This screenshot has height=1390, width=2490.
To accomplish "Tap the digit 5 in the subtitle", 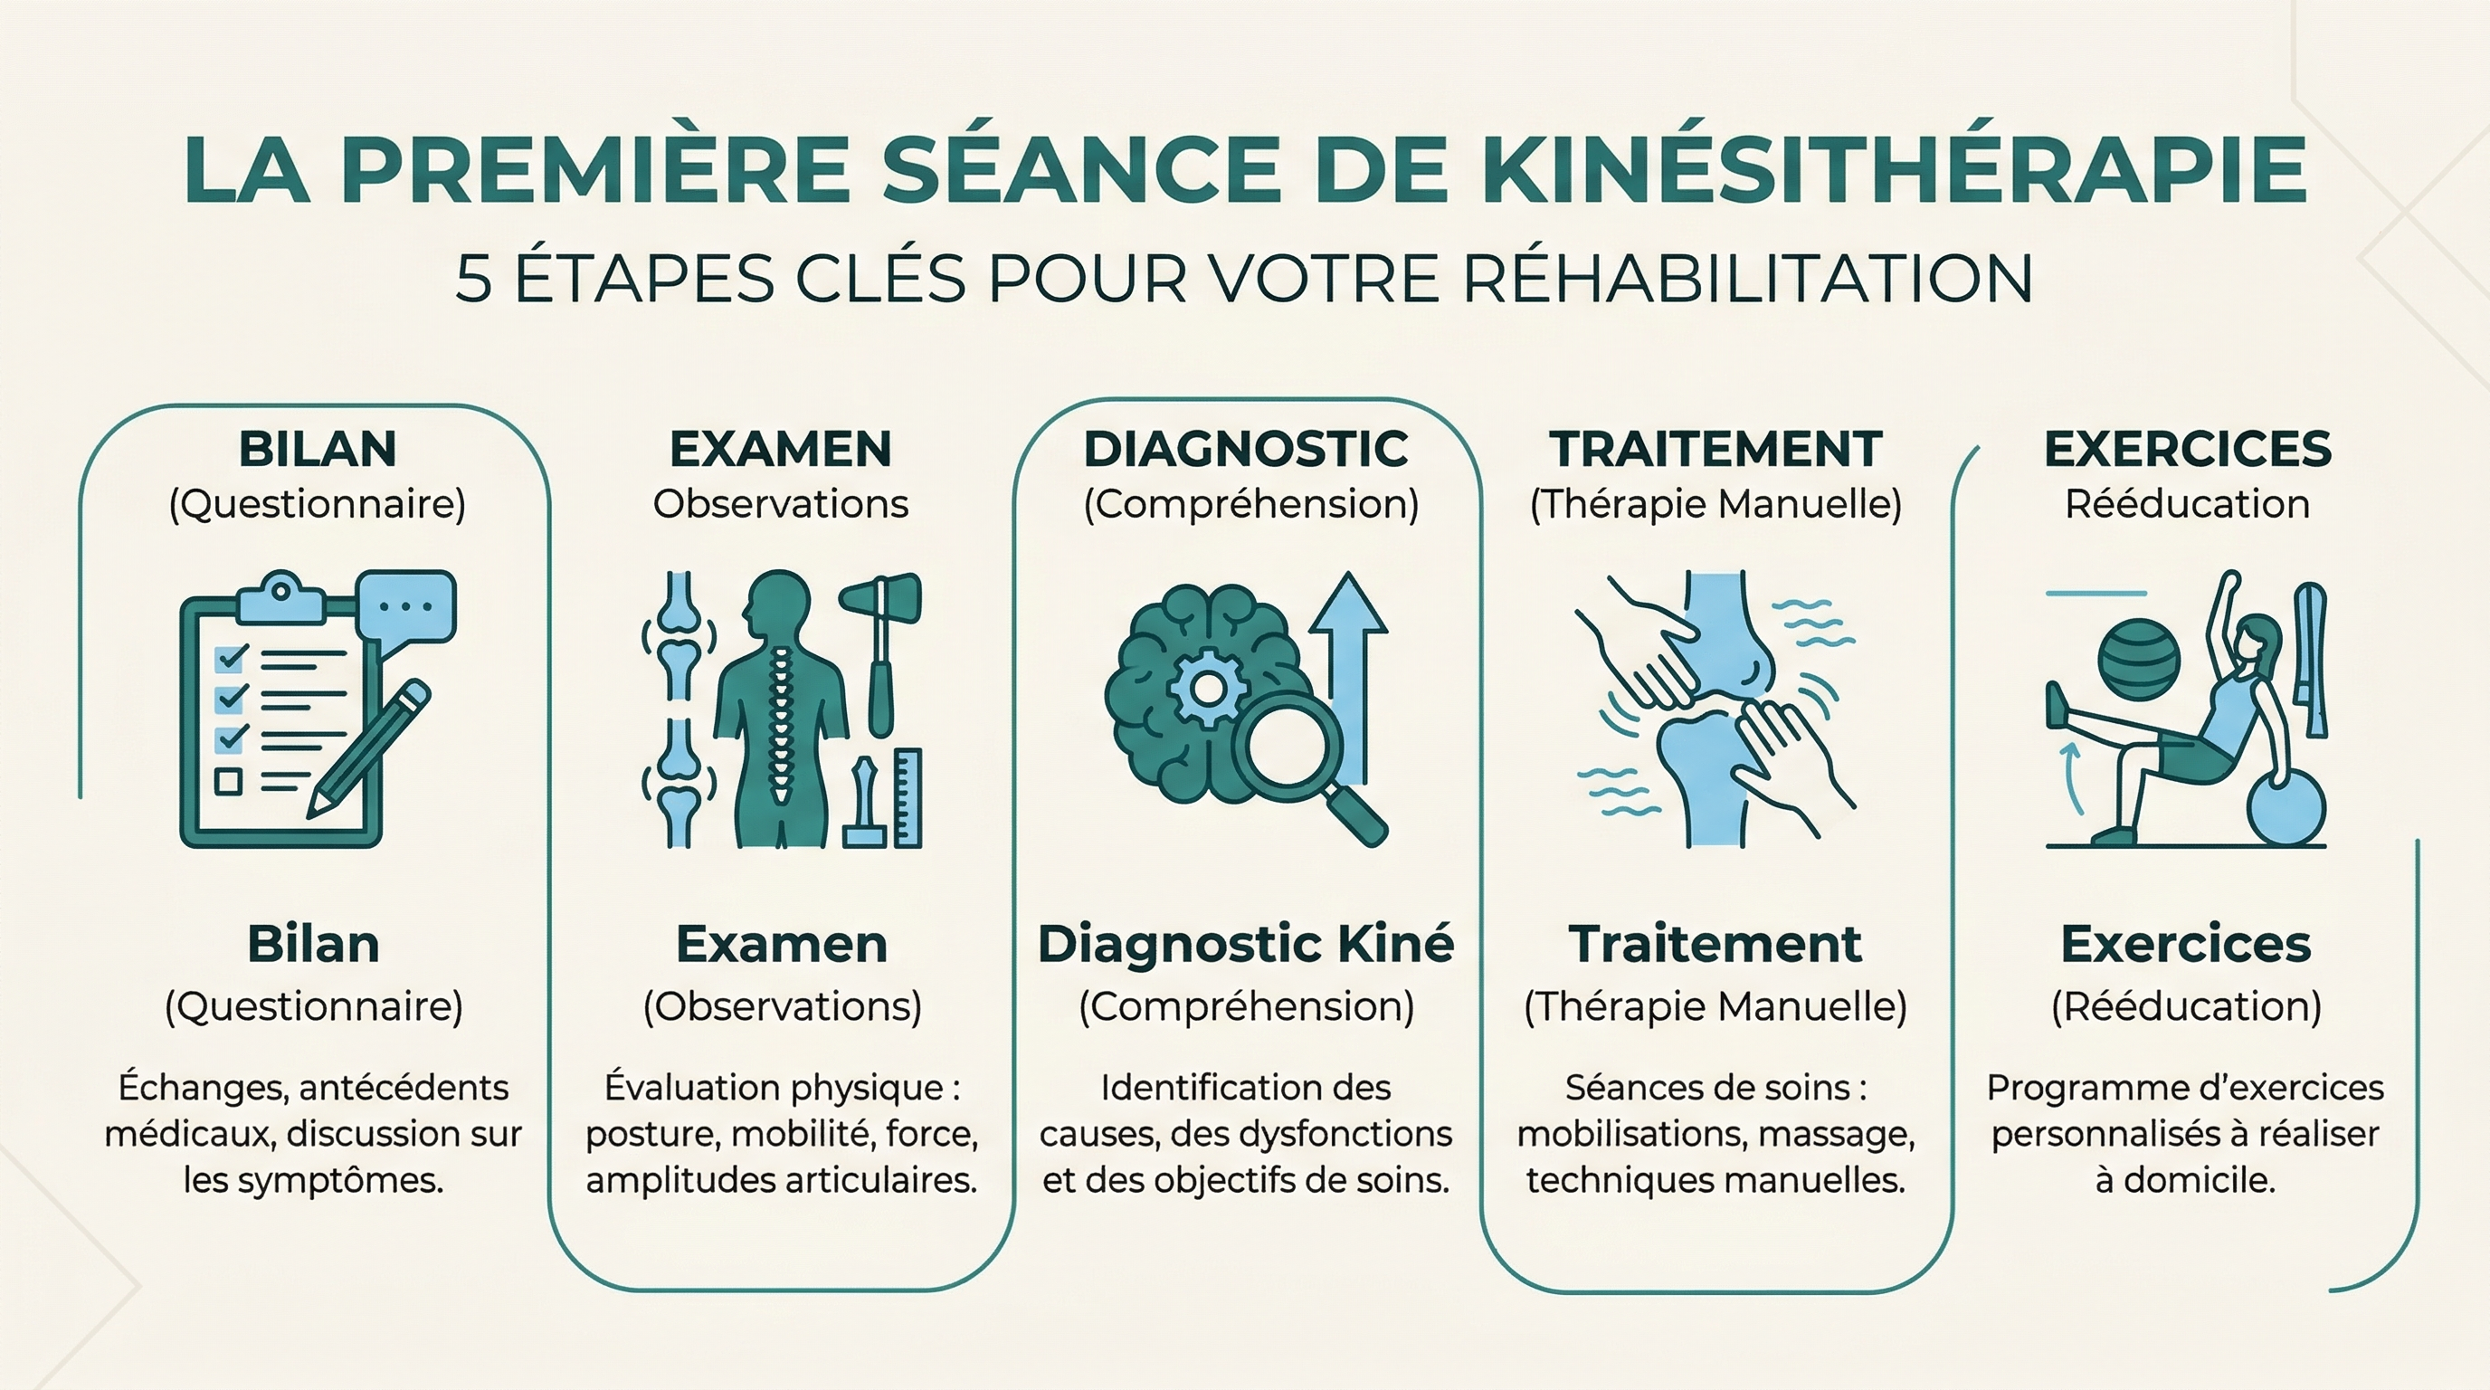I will click(x=473, y=280).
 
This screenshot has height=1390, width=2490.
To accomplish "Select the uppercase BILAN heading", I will click(x=318, y=450).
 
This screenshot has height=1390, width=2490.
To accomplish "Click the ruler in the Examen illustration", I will click(x=908, y=797).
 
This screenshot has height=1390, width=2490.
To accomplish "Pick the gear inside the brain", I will click(x=1207, y=689).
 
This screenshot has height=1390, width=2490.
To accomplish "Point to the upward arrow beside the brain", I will click(x=1348, y=667).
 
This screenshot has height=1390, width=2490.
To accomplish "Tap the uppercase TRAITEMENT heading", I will click(x=1715, y=450).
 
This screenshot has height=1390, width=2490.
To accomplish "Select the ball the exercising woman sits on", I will click(x=2287, y=810).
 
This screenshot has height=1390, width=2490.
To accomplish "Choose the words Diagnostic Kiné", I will click(x=1246, y=945).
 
